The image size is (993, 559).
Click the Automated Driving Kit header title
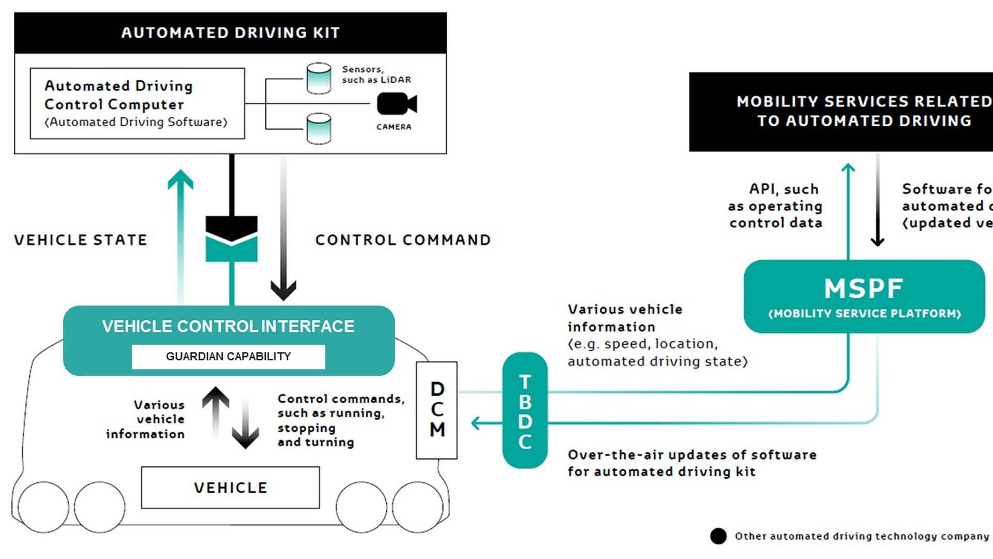(231, 33)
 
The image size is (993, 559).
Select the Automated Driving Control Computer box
(137, 104)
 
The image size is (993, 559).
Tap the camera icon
(396, 104)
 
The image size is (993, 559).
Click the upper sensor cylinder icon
(319, 78)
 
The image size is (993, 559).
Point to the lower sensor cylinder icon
(319, 128)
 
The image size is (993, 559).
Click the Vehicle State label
(81, 240)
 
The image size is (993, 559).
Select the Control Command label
(403, 240)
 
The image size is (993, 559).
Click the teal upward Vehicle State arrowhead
(180, 180)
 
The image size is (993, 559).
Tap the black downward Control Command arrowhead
(283, 290)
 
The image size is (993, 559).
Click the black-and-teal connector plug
(231, 239)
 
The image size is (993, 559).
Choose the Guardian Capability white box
(228, 357)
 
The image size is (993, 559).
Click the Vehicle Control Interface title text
(228, 327)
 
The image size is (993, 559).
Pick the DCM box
(437, 410)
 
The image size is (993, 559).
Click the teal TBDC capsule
(524, 410)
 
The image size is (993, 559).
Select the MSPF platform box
(864, 297)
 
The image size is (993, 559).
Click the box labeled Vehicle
(230, 488)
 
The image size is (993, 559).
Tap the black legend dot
(718, 536)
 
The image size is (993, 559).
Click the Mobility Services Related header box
(841, 112)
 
